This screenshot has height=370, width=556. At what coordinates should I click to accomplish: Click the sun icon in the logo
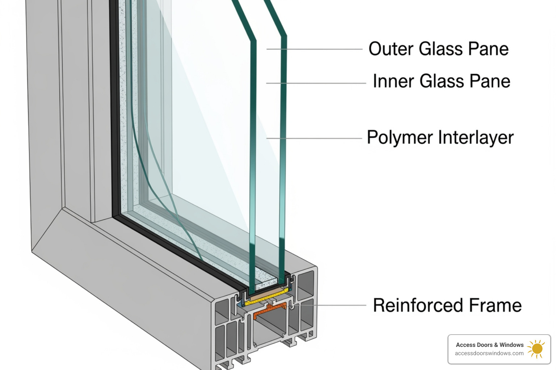(x=536, y=349)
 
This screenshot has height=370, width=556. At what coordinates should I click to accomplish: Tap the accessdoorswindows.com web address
(x=489, y=353)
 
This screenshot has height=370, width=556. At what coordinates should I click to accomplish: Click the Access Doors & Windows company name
(x=489, y=345)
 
